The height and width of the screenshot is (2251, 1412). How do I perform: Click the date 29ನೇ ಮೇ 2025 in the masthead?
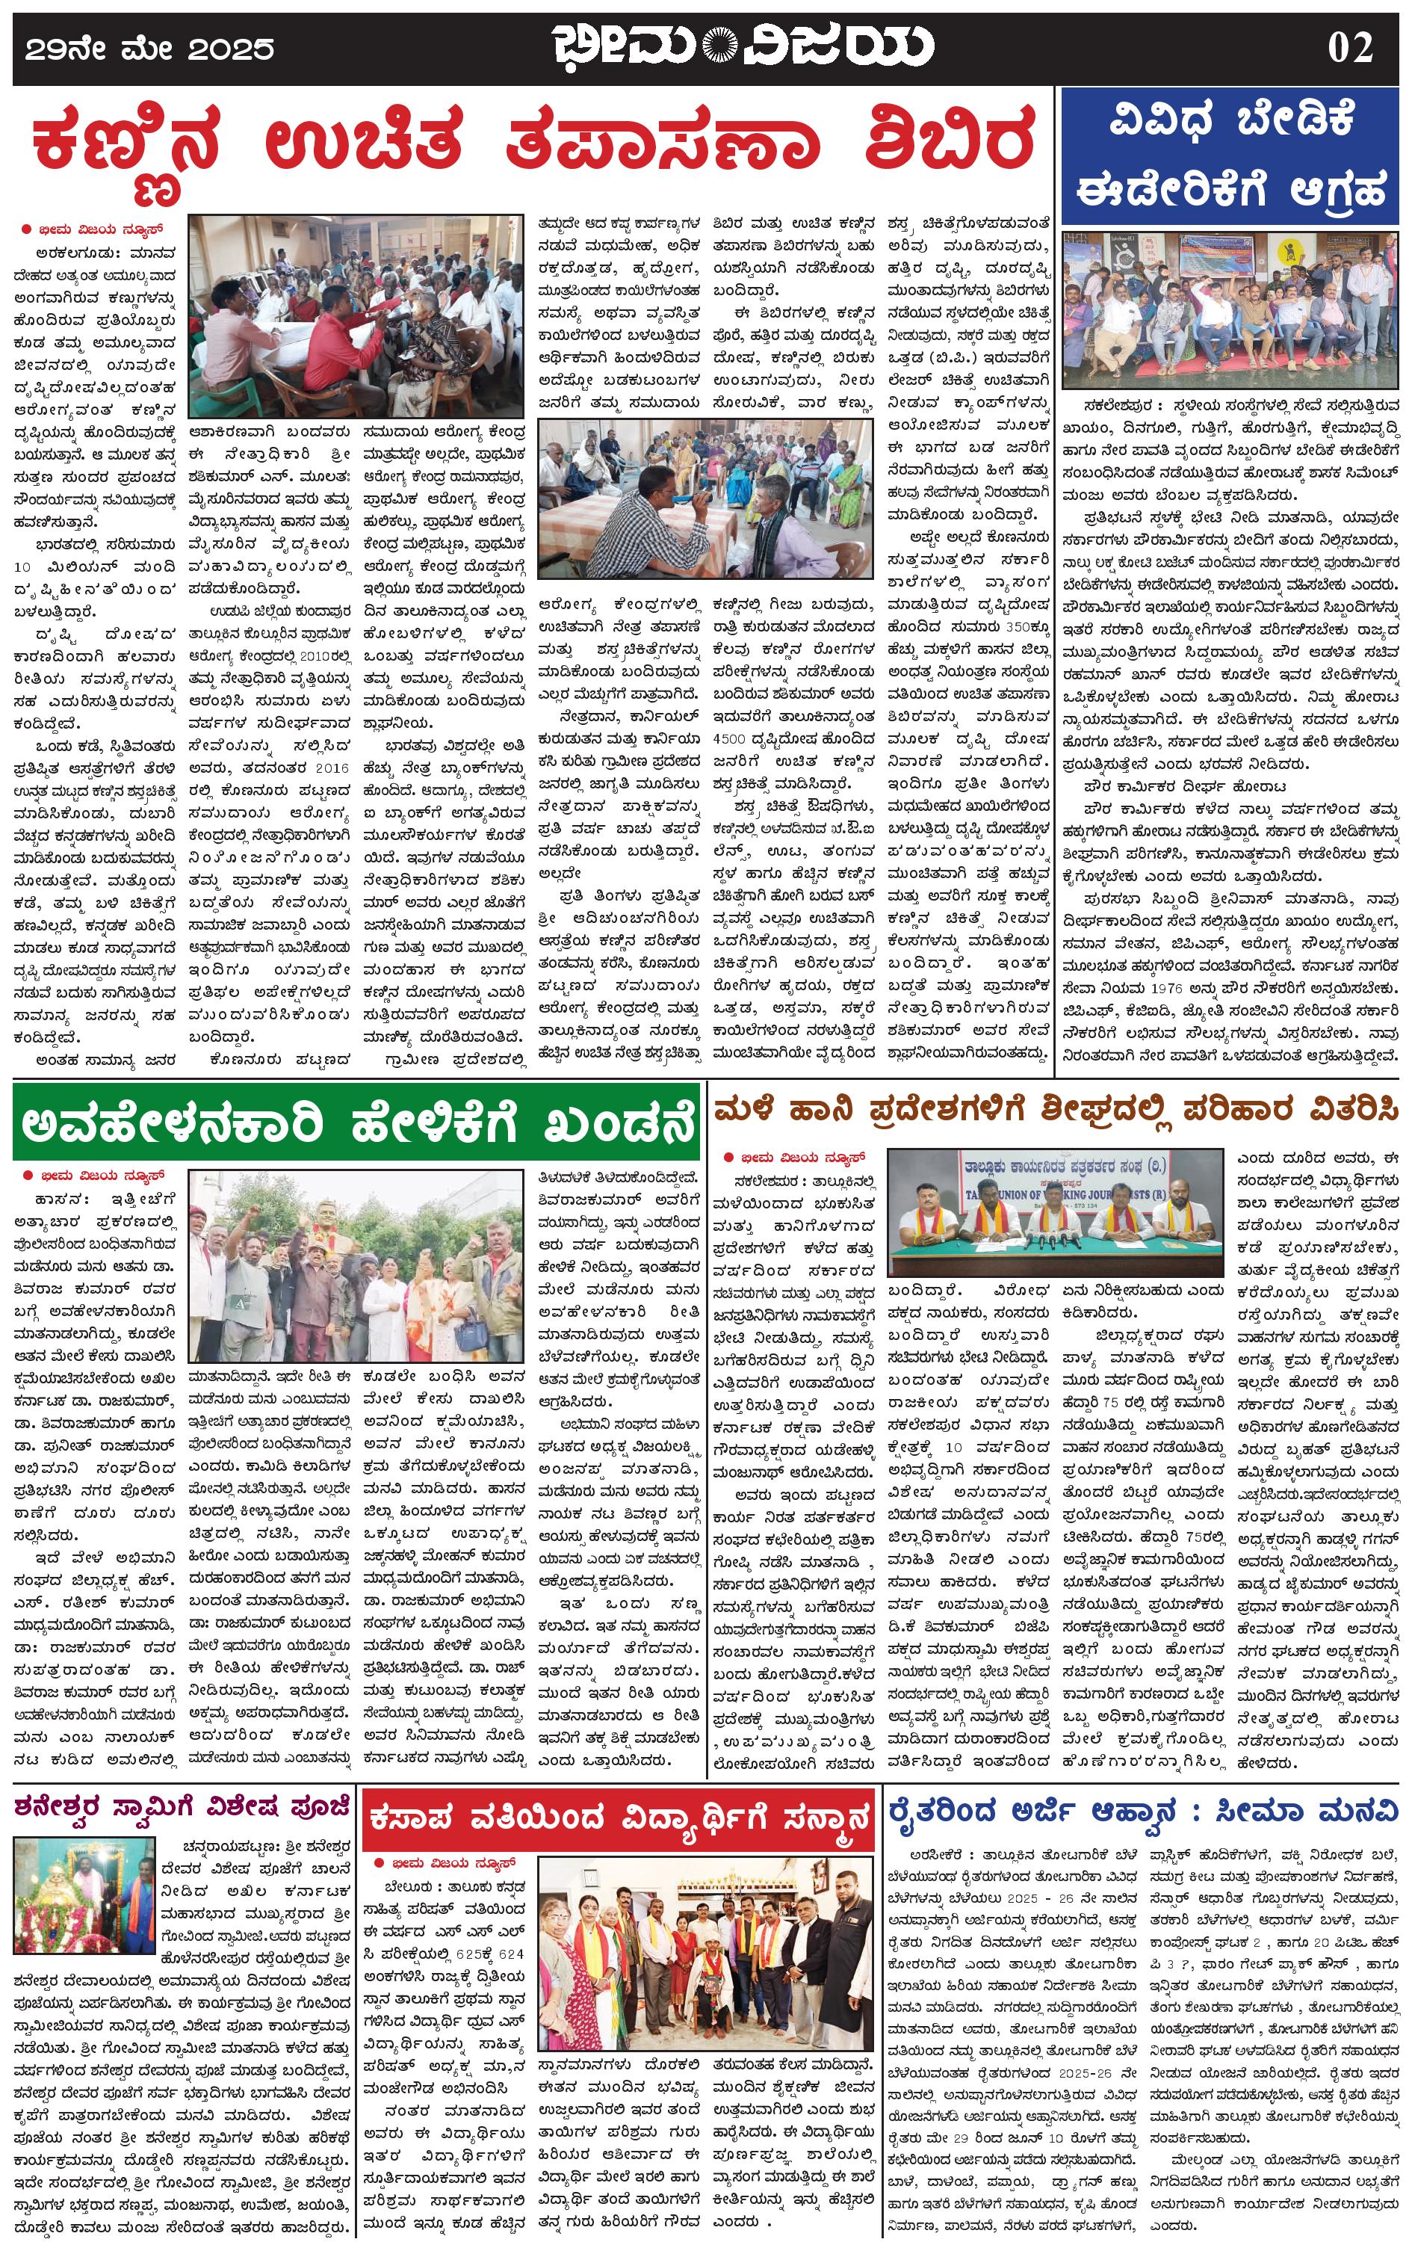pos(150,49)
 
